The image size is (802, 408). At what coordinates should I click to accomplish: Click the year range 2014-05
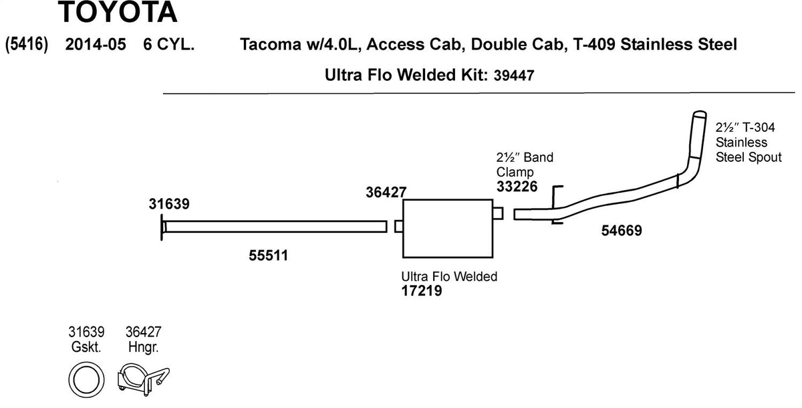coord(96,45)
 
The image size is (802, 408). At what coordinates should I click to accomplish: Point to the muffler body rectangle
coord(446,227)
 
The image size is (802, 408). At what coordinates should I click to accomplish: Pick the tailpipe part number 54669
coord(621,231)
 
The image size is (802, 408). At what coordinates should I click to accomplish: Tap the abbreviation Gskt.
coord(86,347)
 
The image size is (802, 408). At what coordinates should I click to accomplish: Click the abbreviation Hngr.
coord(142,347)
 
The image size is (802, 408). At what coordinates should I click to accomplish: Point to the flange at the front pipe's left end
coord(162,227)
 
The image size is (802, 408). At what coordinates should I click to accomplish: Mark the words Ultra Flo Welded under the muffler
coord(449,276)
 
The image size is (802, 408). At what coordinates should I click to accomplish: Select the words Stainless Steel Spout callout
coord(747,150)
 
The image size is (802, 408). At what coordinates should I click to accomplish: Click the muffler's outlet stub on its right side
coord(497,213)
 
